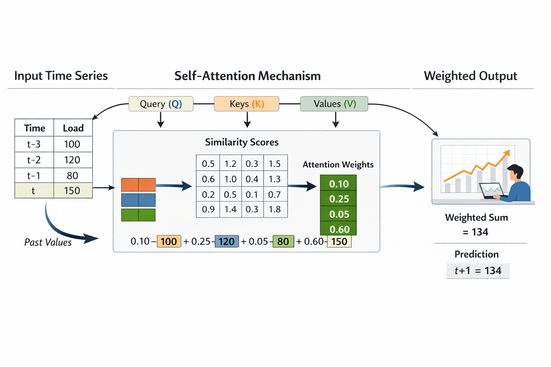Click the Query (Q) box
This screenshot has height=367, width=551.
tap(161, 104)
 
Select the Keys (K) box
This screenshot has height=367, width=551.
tap(246, 104)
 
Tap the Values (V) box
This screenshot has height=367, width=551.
tap(334, 104)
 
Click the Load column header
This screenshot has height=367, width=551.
tap(73, 128)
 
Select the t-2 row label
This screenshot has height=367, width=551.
tap(34, 160)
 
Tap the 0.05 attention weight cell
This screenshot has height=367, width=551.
tap(338, 214)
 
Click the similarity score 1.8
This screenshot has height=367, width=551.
tap(275, 209)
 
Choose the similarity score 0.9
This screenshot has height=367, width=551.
tap(208, 209)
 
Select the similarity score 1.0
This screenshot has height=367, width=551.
tap(231, 179)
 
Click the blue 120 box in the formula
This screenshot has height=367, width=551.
tap(227, 242)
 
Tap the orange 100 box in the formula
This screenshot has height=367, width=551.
tap(169, 242)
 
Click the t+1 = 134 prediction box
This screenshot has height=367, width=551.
tap(478, 271)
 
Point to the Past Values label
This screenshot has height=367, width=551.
tap(48, 242)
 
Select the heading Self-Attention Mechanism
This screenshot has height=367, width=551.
tap(248, 76)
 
